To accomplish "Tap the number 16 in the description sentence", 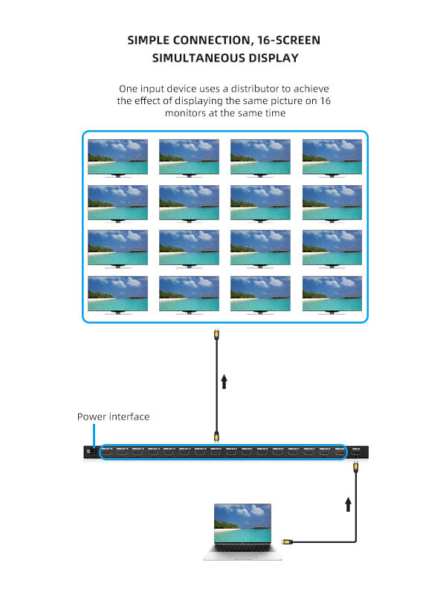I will [x=324, y=100].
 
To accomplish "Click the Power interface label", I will [x=113, y=416].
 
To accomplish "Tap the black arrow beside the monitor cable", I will [x=224, y=382].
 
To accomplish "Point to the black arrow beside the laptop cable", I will [x=348, y=505].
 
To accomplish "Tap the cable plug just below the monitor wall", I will [x=216, y=335].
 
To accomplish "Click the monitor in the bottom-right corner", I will [x=332, y=295].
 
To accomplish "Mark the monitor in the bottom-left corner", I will [x=117, y=295].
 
